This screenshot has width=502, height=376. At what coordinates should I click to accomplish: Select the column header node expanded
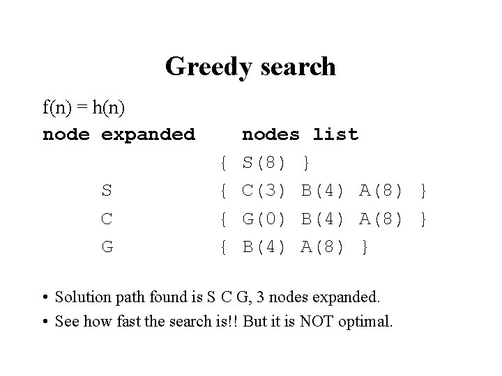(119, 134)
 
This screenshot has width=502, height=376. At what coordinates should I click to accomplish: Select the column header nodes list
(300, 134)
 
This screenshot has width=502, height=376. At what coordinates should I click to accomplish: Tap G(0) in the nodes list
(264, 219)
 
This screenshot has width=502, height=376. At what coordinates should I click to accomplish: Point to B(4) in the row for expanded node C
(323, 219)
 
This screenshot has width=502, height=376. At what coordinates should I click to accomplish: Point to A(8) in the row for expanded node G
(323, 246)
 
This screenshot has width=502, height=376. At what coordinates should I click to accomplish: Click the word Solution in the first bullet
(85, 297)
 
